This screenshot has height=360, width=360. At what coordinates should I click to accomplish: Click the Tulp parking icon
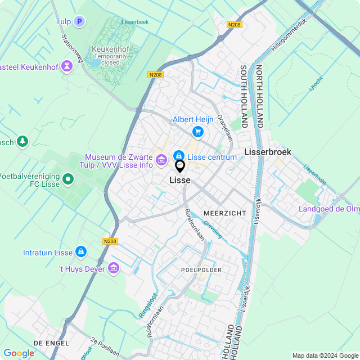tap(79, 22)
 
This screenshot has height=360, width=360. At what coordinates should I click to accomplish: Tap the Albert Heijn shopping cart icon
tap(197, 132)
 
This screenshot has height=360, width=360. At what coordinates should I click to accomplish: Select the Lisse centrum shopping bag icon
tap(178, 156)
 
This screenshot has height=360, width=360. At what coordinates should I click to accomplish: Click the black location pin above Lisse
tap(180, 166)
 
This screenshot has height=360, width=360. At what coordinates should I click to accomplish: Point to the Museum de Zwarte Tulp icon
tap(161, 161)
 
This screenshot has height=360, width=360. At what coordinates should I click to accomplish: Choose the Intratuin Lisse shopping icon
tap(80, 251)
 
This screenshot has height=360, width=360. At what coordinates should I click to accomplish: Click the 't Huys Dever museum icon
tap(114, 268)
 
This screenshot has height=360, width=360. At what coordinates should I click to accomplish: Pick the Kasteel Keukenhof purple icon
tap(67, 67)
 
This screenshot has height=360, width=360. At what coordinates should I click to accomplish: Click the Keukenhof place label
tap(111, 49)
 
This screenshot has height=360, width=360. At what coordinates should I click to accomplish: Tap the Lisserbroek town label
tap(268, 152)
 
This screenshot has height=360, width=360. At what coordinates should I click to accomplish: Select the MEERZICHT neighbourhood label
tap(225, 213)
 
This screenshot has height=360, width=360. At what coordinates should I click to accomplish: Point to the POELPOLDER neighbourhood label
tap(201, 270)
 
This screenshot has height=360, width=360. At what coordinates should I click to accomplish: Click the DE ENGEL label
tap(51, 343)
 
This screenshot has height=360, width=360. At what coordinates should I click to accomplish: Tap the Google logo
tap(19, 353)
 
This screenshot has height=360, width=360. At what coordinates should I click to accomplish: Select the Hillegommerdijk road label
tap(290, 35)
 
